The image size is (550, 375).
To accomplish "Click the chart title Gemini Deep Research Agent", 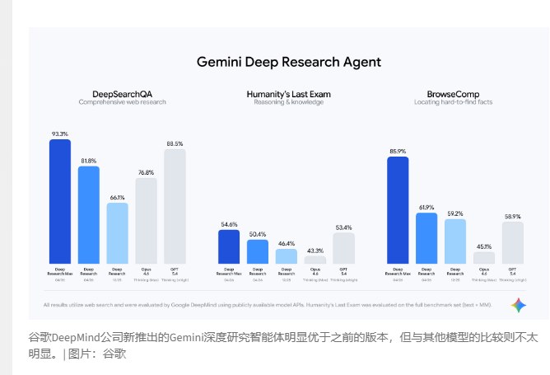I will (288, 62).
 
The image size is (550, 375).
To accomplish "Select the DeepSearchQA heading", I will (123, 94).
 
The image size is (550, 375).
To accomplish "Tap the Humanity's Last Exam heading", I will (288, 94).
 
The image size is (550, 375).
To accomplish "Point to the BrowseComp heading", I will (454, 94).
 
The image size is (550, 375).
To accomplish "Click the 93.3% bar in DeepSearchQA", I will (60, 201).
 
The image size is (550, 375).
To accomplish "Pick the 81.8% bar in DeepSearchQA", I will (89, 214).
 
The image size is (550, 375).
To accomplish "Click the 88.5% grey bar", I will (175, 206).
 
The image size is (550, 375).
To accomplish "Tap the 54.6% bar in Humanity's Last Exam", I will (229, 246).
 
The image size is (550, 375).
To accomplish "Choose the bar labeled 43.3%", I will (315, 260).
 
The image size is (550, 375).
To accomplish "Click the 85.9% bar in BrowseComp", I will (398, 209).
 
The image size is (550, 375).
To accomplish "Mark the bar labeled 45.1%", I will (484, 258).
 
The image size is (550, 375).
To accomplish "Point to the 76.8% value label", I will (146, 172).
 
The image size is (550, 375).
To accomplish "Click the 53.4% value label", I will (343, 227).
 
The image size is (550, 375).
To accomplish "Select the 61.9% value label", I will (426, 207).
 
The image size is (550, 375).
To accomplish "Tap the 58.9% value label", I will (512, 216).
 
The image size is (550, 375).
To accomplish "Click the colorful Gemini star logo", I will (518, 305).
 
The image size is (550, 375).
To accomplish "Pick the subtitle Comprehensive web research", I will (123, 102).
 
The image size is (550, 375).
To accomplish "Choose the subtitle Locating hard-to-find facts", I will (454, 102).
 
